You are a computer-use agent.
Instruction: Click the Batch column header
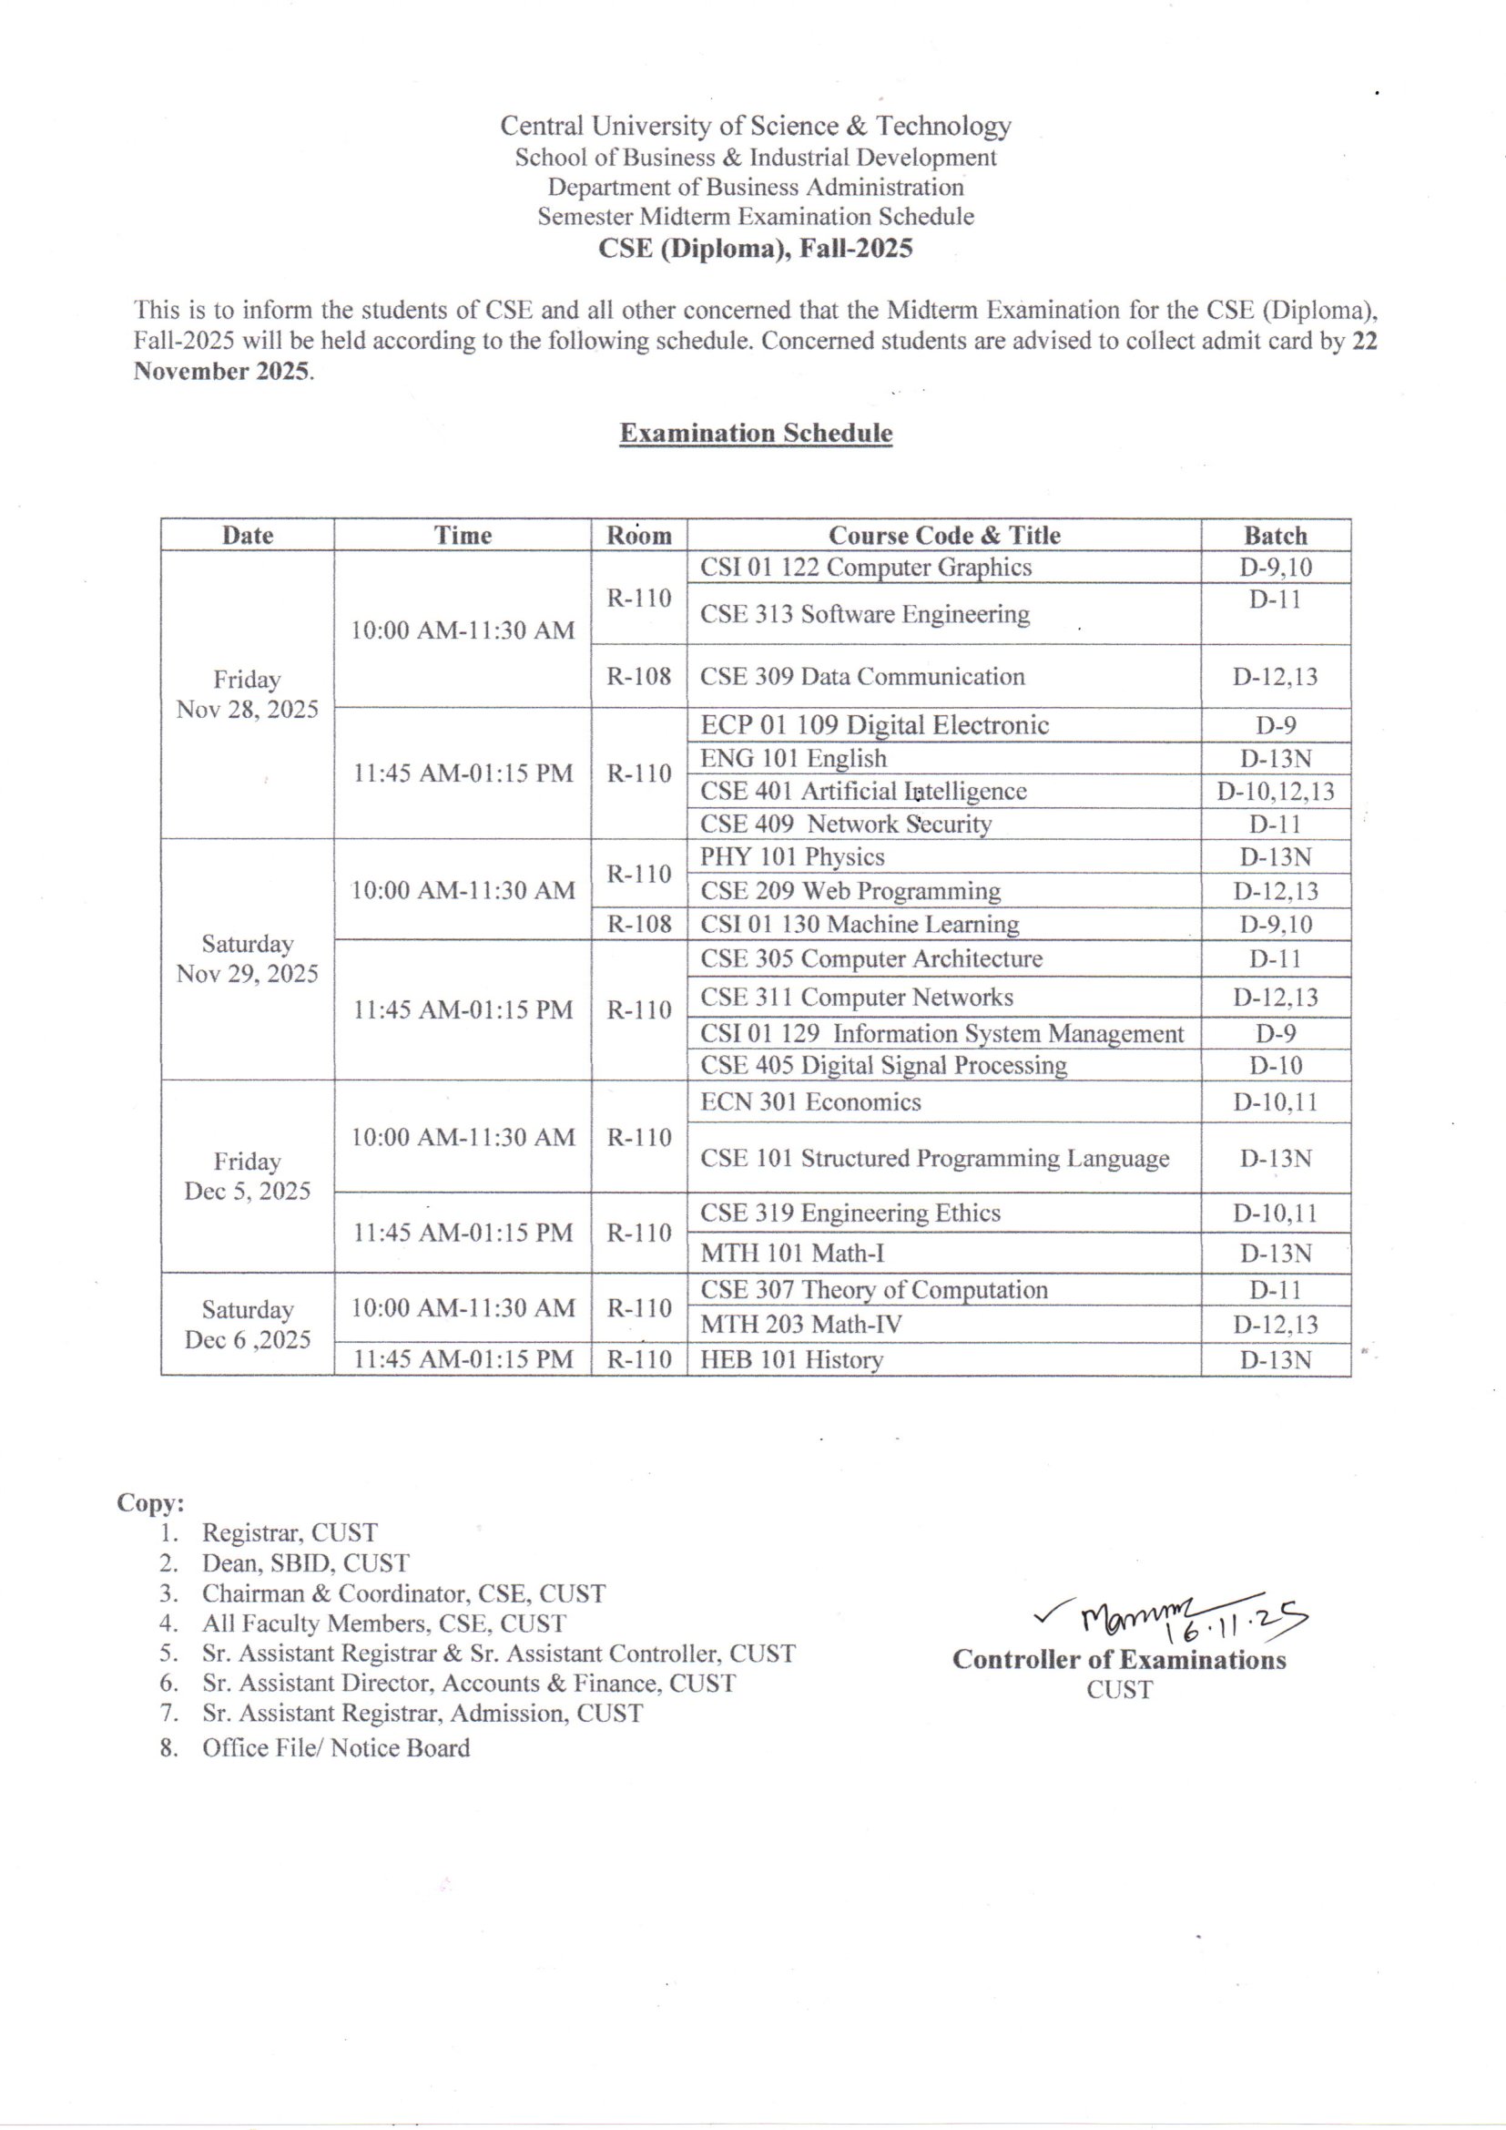tap(1275, 536)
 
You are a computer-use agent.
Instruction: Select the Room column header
tap(638, 536)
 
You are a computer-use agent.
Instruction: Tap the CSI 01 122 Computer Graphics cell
tap(865, 567)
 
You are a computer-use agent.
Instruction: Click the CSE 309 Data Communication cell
tap(861, 676)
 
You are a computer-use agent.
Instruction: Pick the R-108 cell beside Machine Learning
tap(639, 924)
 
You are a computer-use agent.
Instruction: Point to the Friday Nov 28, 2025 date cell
tap(247, 694)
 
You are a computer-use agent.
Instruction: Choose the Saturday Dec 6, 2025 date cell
tap(247, 1324)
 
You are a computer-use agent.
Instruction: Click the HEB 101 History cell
tap(791, 1360)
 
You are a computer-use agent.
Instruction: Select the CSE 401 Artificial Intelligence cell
tap(862, 792)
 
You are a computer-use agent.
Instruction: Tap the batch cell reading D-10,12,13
tap(1275, 792)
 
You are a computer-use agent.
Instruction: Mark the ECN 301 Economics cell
tap(810, 1102)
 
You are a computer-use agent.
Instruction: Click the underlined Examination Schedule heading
tap(756, 434)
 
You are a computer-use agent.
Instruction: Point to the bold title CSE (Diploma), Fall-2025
tap(755, 249)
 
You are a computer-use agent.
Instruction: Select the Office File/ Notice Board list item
tap(336, 1747)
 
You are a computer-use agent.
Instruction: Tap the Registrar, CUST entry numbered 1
tap(290, 1532)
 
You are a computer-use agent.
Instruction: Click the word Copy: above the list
tap(150, 1503)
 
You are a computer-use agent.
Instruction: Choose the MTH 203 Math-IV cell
tap(800, 1324)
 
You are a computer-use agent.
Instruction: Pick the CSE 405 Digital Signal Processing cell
tap(883, 1065)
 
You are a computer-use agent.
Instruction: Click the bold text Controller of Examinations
tap(1118, 1660)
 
